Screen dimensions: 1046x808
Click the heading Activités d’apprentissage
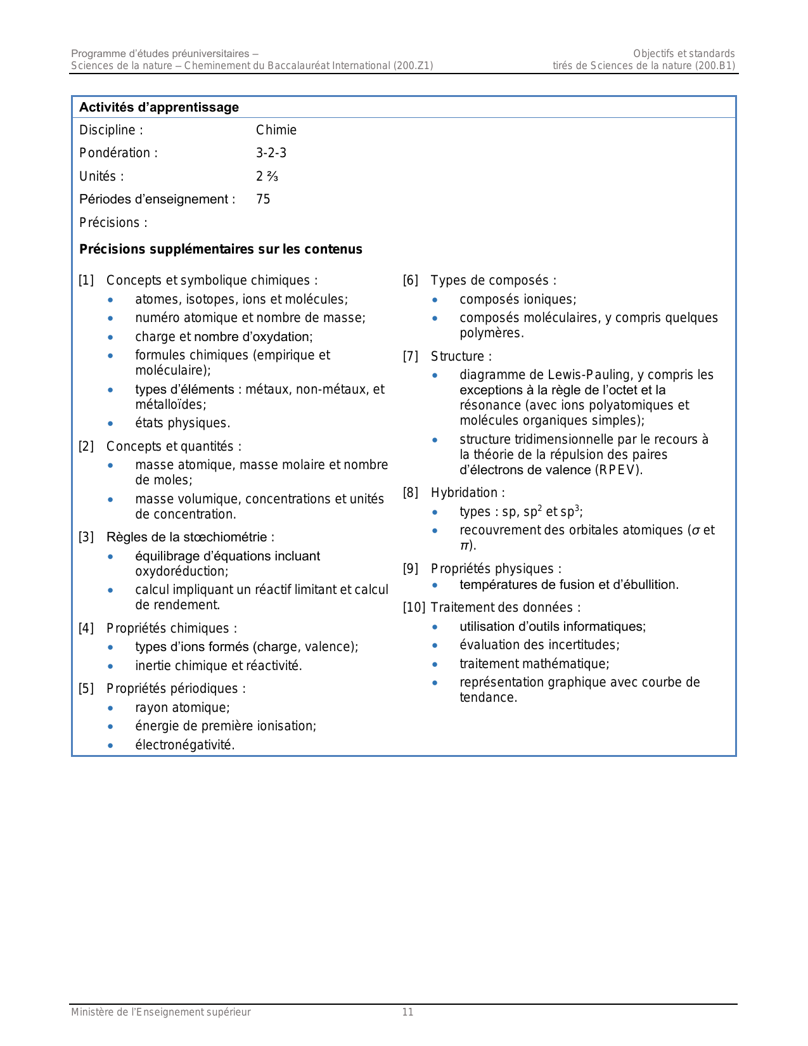pos(159,107)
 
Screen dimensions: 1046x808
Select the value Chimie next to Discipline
pos(276,130)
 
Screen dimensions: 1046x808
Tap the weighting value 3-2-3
pos(271,153)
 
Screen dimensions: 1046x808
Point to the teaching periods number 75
pos(263,199)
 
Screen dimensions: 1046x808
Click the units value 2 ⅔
pos(267,176)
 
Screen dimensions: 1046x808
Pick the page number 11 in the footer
pos(407,1012)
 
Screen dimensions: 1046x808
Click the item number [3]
pos(86,538)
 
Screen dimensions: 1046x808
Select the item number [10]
pos(414,607)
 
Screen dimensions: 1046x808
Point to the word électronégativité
pos(184,745)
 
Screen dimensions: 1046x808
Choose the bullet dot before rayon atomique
pos(111,708)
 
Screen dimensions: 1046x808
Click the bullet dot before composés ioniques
pos(435,300)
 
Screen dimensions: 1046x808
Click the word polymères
pos(491,333)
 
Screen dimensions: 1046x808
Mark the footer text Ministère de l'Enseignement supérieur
pos(161,1012)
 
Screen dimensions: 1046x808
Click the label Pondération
pos(115,153)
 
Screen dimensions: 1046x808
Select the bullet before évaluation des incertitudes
pos(435,645)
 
